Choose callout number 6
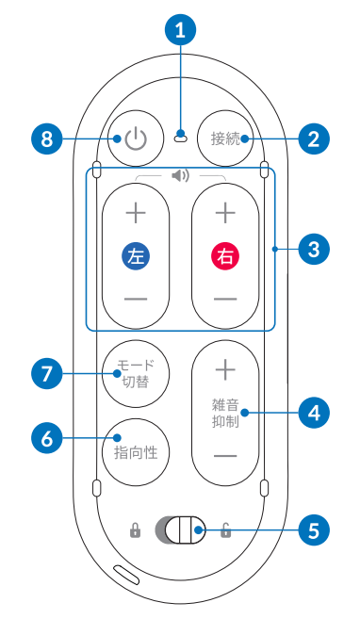[46, 437]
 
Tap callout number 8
[46, 139]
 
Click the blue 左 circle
[136, 255]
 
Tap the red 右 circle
[225, 255]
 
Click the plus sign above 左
[136, 213]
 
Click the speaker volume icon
[180, 175]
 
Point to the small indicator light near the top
[180, 138]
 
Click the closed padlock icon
[136, 531]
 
